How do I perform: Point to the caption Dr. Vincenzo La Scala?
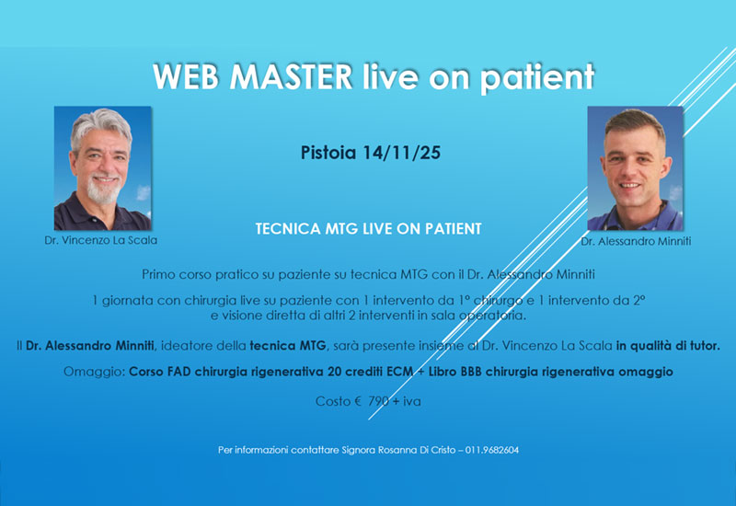(102, 240)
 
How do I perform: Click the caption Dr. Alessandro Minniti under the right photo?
(635, 241)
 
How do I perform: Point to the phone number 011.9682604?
(493, 450)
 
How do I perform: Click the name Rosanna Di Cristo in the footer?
(426, 450)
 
